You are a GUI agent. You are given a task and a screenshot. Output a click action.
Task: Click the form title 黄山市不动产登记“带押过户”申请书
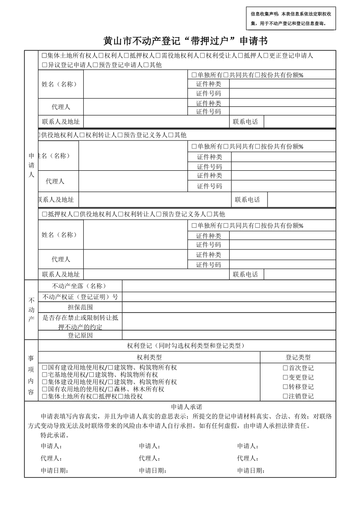click(185, 41)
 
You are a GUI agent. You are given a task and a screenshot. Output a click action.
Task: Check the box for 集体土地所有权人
click(44, 56)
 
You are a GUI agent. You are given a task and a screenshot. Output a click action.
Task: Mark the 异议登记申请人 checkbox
click(44, 65)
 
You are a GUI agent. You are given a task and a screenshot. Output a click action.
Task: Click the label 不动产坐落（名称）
click(79, 286)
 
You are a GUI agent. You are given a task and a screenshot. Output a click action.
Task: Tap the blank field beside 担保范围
click(229, 307)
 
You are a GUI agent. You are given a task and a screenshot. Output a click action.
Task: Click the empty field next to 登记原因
click(229, 336)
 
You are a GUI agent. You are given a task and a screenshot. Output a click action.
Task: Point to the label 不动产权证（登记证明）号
click(80, 297)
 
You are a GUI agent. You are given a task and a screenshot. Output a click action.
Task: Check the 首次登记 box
click(285, 368)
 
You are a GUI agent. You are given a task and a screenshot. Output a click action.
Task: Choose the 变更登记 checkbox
click(285, 378)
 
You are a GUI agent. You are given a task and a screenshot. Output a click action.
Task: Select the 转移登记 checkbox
click(285, 387)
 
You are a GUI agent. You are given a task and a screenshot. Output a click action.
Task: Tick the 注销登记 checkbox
click(285, 396)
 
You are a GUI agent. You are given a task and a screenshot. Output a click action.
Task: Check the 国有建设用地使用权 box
click(44, 367)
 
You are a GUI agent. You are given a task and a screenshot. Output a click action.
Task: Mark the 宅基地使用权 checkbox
click(44, 375)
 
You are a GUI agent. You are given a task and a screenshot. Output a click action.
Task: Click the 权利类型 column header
click(149, 357)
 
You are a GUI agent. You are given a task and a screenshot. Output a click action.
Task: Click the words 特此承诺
click(54, 435)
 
